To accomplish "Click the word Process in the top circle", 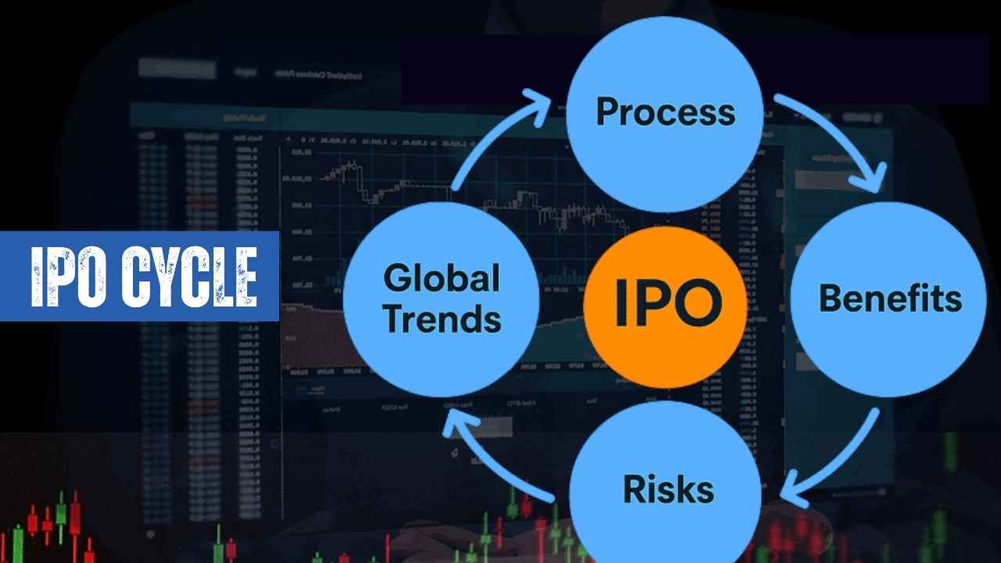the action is point(666,113).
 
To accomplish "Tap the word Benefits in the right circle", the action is point(890,298).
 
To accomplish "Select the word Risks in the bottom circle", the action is point(669,489).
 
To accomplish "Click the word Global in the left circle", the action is point(442,278).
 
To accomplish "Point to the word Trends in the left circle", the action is point(443,318).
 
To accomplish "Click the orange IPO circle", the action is point(666,307).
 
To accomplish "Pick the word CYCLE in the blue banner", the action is point(190,277).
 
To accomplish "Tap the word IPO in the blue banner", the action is point(69,277).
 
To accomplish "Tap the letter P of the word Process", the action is point(608,111).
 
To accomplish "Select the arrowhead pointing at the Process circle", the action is point(536,106).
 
